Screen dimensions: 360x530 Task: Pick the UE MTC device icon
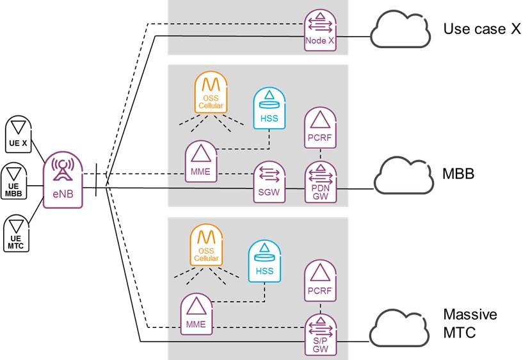pos(17,233)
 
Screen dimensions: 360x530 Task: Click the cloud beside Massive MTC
pos(399,327)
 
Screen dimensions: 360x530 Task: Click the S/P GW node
pos(319,334)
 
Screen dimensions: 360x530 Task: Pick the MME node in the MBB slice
pos(201,160)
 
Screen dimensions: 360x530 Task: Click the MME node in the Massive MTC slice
pos(197,315)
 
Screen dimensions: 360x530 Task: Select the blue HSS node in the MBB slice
pos(268,106)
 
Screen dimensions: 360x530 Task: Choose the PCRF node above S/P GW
pos(320,280)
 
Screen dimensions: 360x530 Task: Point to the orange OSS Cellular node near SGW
pos(210,95)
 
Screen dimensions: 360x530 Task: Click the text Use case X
pos(481,29)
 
